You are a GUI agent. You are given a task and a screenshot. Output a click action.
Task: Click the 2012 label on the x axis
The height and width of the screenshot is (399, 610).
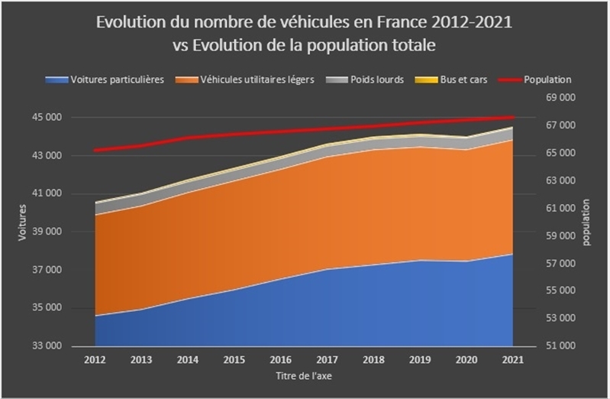[x=95, y=358]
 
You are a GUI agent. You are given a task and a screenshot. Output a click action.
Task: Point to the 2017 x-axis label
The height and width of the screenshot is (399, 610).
[x=327, y=358]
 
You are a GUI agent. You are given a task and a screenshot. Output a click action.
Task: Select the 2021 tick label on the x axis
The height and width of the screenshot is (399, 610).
[x=512, y=358]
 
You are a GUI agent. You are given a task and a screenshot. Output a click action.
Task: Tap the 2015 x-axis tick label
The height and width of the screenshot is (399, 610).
[x=234, y=358]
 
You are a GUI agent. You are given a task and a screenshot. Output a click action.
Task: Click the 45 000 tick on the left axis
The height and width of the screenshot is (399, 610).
[x=47, y=118]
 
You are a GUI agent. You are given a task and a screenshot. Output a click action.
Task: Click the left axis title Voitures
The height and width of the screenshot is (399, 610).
[x=22, y=224]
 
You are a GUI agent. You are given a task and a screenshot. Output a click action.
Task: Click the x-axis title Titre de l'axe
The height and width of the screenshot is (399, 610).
[x=304, y=375]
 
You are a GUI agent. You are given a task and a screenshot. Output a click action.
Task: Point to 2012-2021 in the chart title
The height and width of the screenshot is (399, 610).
[x=470, y=22]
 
